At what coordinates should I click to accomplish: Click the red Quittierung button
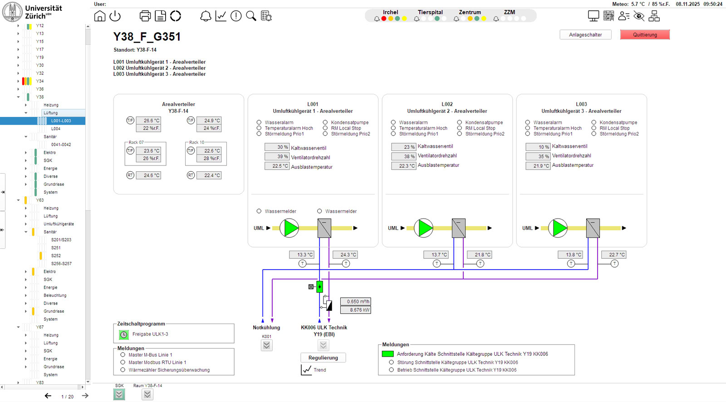pyautogui.click(x=645, y=35)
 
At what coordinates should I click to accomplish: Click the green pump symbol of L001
pyautogui.click(x=289, y=228)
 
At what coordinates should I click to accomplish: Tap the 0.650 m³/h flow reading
pyautogui.click(x=358, y=301)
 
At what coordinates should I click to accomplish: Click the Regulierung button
pyautogui.click(x=323, y=358)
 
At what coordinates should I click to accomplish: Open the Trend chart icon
pyautogui.click(x=307, y=370)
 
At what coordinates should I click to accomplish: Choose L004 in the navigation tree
pyautogui.click(x=56, y=129)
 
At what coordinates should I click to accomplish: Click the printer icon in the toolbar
pyautogui.click(x=145, y=16)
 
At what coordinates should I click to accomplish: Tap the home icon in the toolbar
pyautogui.click(x=100, y=16)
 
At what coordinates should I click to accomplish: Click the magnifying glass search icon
pyautogui.click(x=251, y=16)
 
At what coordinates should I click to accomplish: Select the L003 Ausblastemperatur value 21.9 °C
pyautogui.click(x=538, y=166)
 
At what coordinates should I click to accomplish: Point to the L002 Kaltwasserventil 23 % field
pyautogui.click(x=404, y=147)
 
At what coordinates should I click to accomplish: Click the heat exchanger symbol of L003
pyautogui.click(x=593, y=228)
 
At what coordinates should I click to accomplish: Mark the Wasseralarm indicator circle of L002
pyautogui.click(x=393, y=122)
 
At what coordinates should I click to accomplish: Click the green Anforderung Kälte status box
pyautogui.click(x=388, y=354)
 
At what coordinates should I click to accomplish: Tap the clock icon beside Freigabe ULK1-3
pyautogui.click(x=124, y=334)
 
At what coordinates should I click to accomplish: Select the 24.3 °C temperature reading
pyautogui.click(x=345, y=255)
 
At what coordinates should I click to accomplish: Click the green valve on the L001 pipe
pyautogui.click(x=319, y=286)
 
